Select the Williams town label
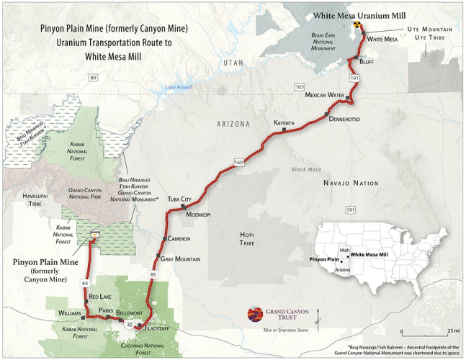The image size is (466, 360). coord(69,313)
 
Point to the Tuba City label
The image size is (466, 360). coord(179,199)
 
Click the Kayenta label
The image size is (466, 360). coord(284,123)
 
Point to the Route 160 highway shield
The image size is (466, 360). coord(238,162)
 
